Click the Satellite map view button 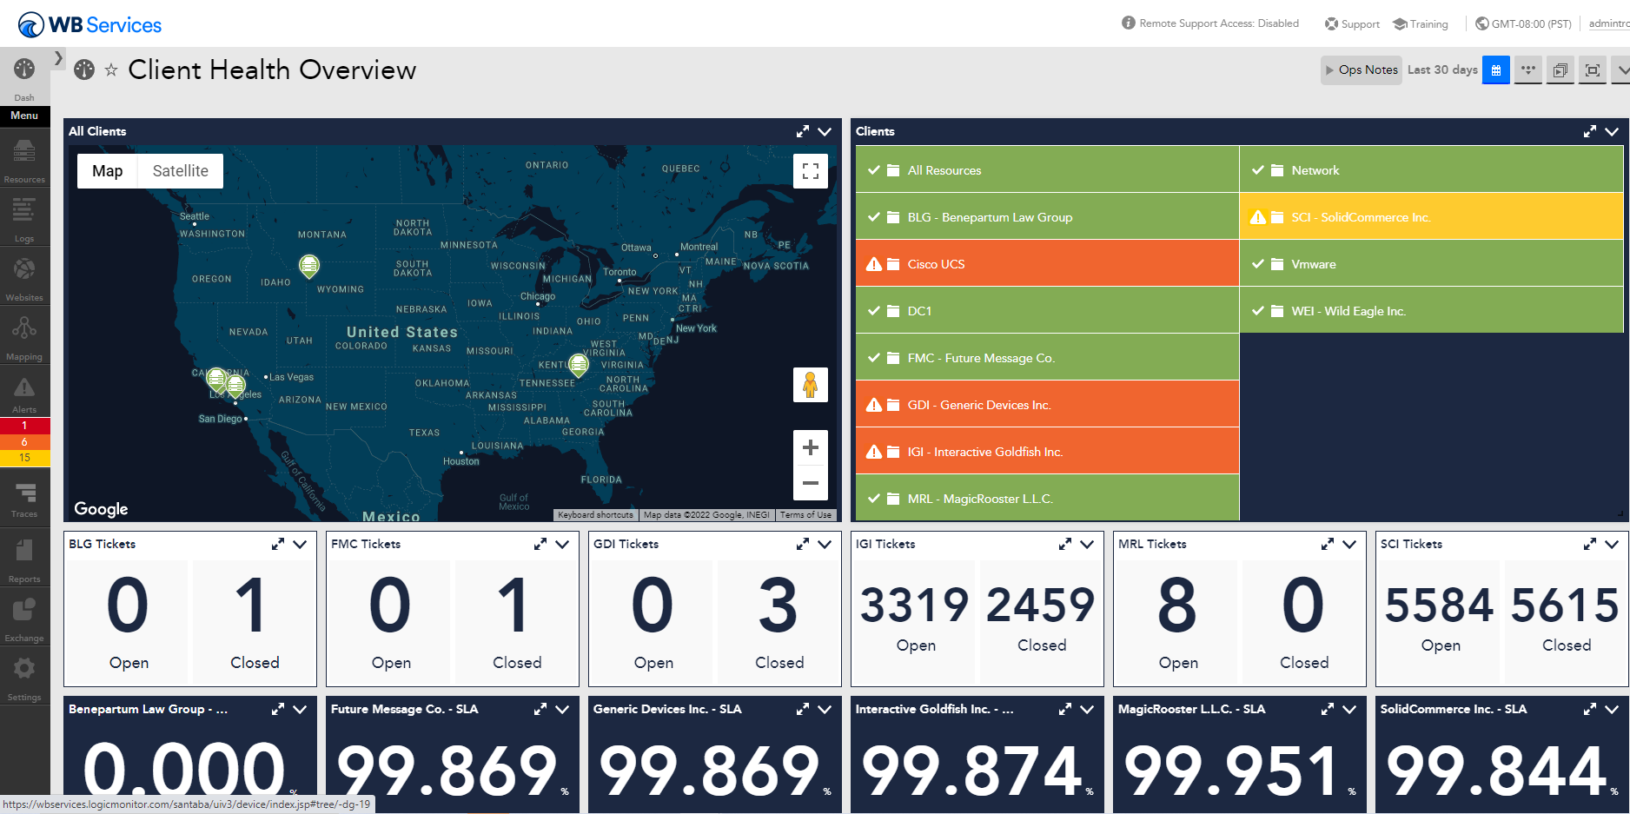point(180,171)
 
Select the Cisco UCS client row point(1046,264)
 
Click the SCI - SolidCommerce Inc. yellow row point(1430,217)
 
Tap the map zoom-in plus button point(810,448)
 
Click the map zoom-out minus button point(810,483)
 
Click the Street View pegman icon point(810,385)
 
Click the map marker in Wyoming point(309,265)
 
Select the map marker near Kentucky point(578,363)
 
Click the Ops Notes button point(1361,70)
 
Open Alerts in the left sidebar point(24,394)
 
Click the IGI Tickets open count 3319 point(915,606)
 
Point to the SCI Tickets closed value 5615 point(1566,606)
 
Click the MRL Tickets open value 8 point(1177,606)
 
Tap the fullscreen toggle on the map point(810,171)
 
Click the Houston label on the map point(461,461)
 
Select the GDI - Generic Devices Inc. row point(1046,405)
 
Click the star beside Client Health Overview point(111,70)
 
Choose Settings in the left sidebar point(24,677)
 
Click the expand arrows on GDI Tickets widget point(802,544)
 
